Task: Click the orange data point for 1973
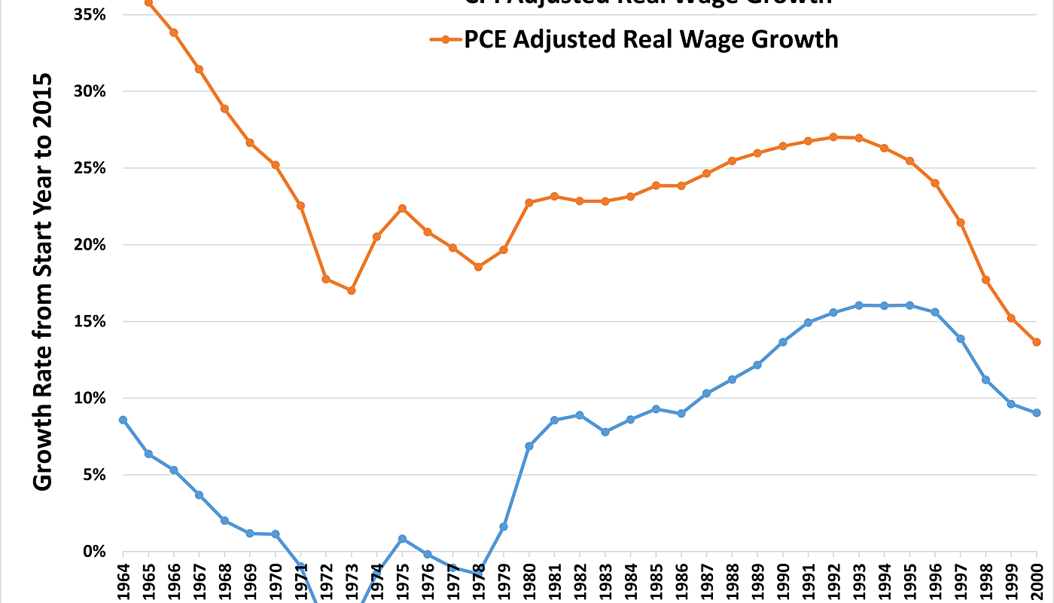coord(351,290)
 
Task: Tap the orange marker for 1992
coord(833,137)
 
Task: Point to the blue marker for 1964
coord(123,420)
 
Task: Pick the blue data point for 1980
coord(529,446)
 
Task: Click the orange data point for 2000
coord(1036,342)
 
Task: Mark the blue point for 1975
coord(402,539)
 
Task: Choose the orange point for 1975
coord(402,208)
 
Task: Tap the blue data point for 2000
coord(1036,413)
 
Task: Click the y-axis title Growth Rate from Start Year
coord(44,282)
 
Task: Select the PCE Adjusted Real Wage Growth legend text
coord(650,39)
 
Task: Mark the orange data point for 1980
coord(529,203)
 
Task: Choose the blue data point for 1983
coord(605,432)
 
